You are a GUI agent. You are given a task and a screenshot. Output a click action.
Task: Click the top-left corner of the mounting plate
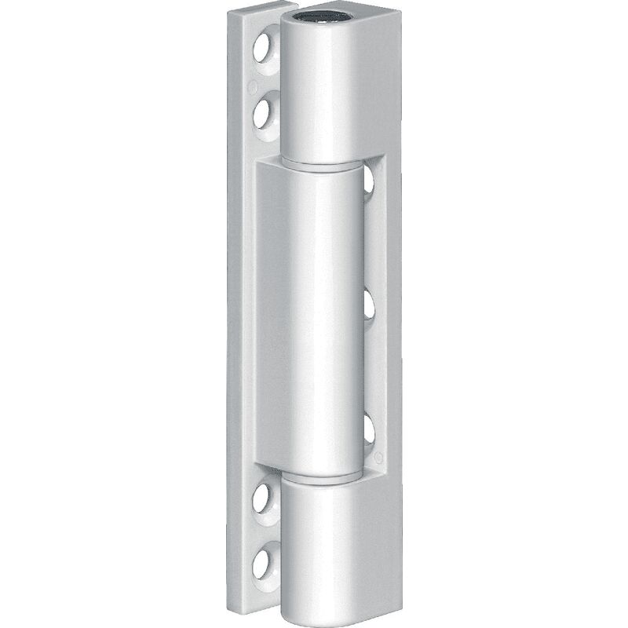[237, 15]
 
